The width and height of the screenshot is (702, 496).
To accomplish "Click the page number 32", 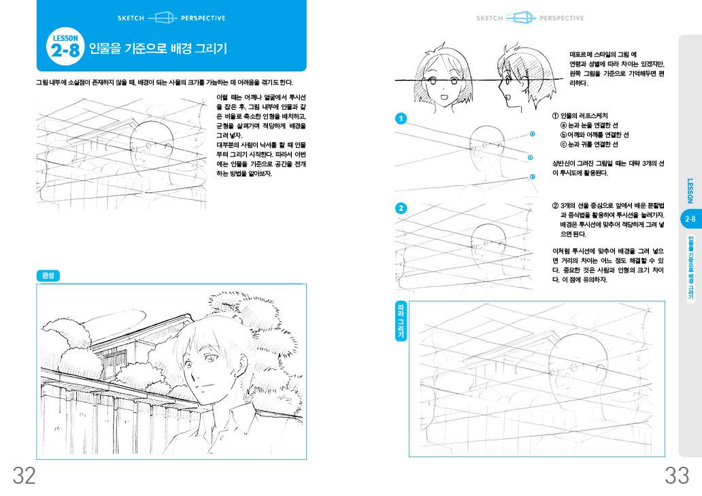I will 24,476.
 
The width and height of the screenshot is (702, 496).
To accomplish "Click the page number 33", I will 677,476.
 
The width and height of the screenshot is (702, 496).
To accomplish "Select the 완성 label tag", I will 48,276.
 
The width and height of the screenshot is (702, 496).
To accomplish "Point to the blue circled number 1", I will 401,118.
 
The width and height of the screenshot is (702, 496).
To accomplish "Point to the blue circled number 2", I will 401,208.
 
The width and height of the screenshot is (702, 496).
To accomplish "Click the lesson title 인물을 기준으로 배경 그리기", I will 158,48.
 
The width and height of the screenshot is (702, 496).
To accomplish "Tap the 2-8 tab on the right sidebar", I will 690,219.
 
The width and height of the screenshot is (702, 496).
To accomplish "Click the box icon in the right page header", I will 521,18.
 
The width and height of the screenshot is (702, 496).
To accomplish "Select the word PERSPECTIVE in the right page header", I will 562,18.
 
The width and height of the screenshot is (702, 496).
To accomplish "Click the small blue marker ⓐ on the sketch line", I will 533,133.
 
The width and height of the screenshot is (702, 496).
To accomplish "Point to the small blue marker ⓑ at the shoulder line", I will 533,176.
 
